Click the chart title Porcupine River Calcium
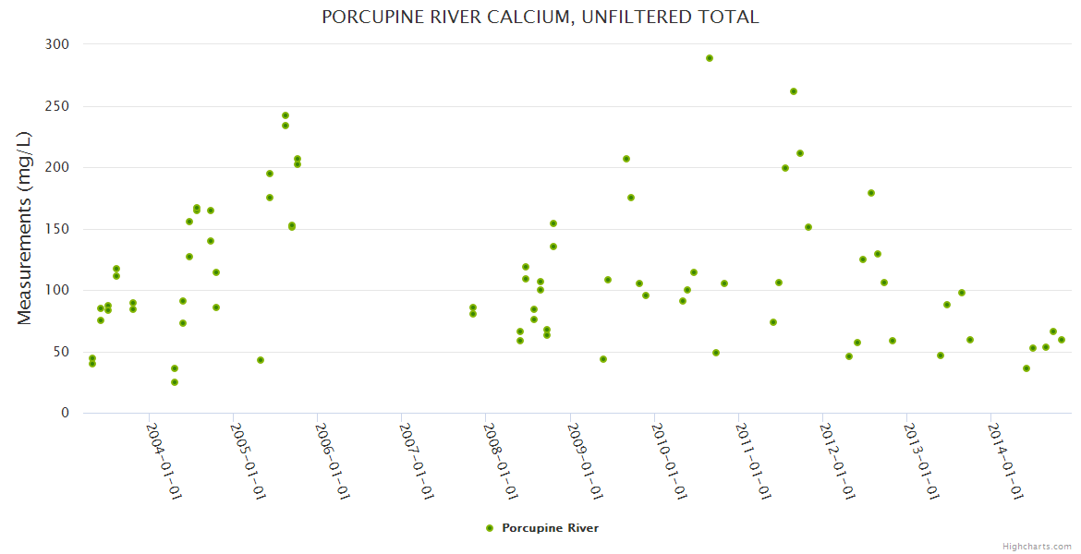pyautogui.click(x=540, y=17)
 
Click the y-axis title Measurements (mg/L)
pyautogui.click(x=25, y=228)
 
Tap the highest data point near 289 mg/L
pyautogui.click(x=710, y=58)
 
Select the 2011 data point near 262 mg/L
pyautogui.click(x=794, y=91)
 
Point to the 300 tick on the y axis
pyautogui.click(x=57, y=44)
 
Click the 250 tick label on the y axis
pyautogui.click(x=57, y=106)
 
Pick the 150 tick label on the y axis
pyautogui.click(x=57, y=229)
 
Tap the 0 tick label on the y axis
pyautogui.click(x=65, y=413)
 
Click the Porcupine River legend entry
pyautogui.click(x=550, y=528)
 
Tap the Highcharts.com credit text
pyautogui.click(x=1037, y=546)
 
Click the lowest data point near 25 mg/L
pyautogui.click(x=175, y=382)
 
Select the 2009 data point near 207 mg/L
pyautogui.click(x=626, y=159)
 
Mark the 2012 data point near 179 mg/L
pyautogui.click(x=871, y=193)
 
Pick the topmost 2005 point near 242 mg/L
pyautogui.click(x=285, y=115)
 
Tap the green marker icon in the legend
pyautogui.click(x=490, y=528)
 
